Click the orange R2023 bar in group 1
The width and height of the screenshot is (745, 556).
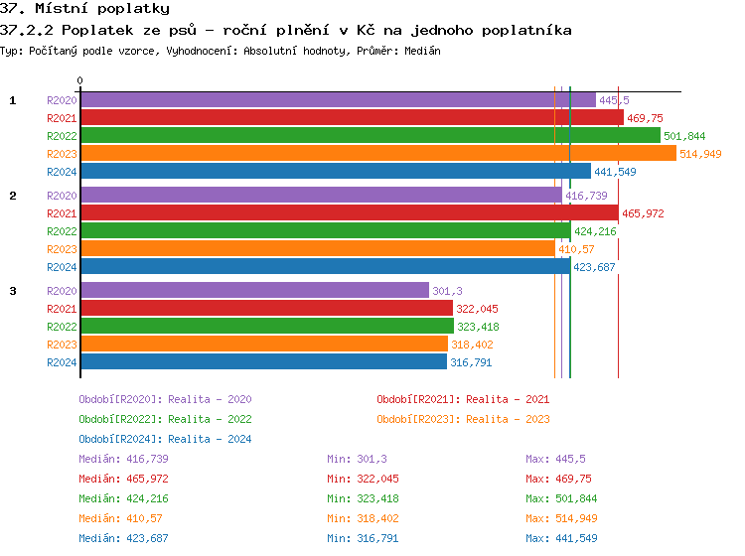click(377, 154)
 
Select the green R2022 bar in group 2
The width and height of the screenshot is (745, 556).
click(325, 231)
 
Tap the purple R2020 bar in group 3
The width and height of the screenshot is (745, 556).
click(254, 291)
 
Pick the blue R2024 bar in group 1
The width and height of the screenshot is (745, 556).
click(335, 172)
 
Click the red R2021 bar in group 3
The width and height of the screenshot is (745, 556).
click(266, 309)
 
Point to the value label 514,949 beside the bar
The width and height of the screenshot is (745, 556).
click(700, 154)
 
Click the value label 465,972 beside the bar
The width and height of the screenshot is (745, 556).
click(643, 213)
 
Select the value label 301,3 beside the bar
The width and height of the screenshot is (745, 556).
click(448, 291)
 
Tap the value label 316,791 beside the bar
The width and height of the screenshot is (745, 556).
click(472, 362)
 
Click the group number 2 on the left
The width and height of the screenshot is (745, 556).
click(13, 196)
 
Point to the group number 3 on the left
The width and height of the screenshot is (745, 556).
click(13, 291)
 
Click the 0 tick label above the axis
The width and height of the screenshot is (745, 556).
click(80, 81)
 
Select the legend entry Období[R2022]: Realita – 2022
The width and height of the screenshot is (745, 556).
click(165, 419)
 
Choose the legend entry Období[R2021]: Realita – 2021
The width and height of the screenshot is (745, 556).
click(463, 399)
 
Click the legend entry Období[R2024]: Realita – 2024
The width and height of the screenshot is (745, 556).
click(165, 439)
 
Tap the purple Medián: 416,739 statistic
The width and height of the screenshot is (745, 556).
click(123, 459)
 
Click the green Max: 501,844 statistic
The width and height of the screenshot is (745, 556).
click(561, 498)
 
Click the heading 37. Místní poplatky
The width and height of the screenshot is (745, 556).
click(84, 9)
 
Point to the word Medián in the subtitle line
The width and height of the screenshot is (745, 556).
click(422, 51)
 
